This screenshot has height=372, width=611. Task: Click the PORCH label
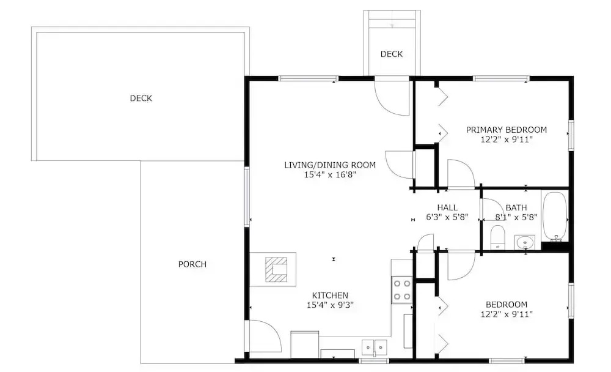192,264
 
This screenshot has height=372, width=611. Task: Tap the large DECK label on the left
141,98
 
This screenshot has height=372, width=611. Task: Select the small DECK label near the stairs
392,54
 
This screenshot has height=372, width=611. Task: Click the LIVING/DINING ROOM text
330,165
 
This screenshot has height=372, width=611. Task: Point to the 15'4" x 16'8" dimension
330,174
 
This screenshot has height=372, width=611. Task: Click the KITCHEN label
330,296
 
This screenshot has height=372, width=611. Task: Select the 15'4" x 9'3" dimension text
330,305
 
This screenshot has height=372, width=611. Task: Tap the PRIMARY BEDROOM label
506,130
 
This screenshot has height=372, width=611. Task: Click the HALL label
447,207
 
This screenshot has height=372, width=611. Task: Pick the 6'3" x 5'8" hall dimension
447,217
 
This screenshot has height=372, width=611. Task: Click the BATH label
516,207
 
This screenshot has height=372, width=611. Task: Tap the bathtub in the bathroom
555,217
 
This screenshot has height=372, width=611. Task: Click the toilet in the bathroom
497,237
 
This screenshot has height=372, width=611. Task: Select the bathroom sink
525,242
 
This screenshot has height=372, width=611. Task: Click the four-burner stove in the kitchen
402,290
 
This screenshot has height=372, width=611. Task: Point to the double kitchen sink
375,347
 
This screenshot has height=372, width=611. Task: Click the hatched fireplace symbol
276,269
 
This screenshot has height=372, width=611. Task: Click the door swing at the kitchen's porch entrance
265,336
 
